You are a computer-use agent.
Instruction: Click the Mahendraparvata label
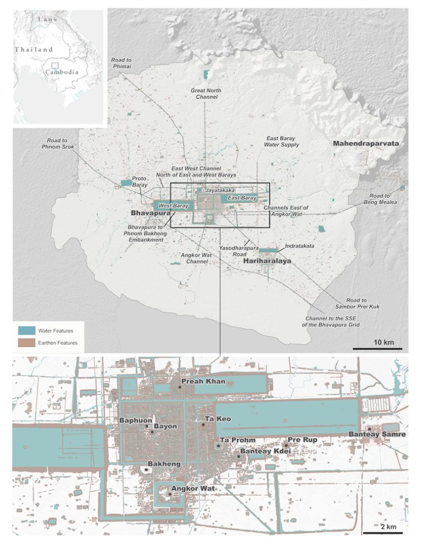[366, 144]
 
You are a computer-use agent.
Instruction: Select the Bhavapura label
[151, 213]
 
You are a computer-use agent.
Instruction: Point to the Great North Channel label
[206, 94]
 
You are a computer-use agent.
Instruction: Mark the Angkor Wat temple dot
[170, 494]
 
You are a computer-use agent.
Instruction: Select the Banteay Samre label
[377, 435]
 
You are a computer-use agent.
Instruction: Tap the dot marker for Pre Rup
[286, 444]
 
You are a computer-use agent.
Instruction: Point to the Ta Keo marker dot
[203, 425]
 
